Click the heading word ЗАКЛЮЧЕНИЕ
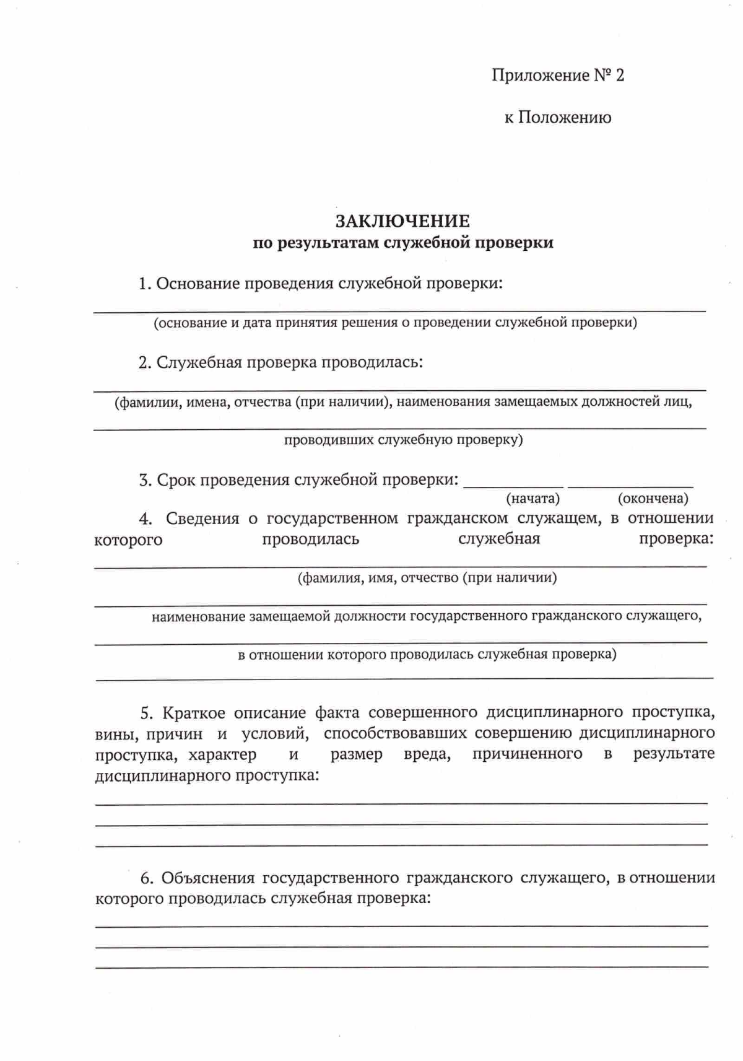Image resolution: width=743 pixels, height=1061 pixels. click(x=402, y=221)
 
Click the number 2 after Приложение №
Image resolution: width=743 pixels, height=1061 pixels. click(x=619, y=76)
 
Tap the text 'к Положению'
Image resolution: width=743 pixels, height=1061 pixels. click(x=558, y=118)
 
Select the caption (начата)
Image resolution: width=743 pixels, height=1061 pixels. click(x=532, y=499)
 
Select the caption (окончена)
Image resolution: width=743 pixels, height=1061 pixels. click(x=653, y=499)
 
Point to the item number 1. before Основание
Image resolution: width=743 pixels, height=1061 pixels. click(x=145, y=284)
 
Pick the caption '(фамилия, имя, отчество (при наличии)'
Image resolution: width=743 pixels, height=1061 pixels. click(x=427, y=579)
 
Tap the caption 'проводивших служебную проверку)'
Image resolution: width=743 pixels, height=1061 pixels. click(x=403, y=440)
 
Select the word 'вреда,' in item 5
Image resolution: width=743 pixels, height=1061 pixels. click(x=427, y=754)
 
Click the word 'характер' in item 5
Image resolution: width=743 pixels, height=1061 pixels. click(x=222, y=754)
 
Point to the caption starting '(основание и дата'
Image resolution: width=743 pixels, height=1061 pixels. click(x=395, y=323)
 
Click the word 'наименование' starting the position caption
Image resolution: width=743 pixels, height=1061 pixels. click(x=198, y=616)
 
